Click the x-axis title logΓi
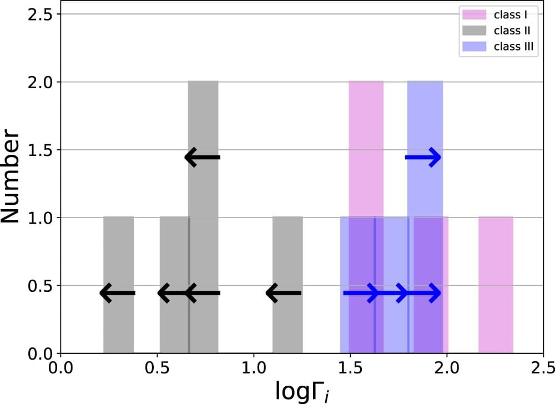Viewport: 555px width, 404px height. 302,390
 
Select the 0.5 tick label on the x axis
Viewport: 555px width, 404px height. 157,367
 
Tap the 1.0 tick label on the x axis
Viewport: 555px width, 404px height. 254,367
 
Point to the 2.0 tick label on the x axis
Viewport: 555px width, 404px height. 447,367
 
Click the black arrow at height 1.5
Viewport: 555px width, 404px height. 203,158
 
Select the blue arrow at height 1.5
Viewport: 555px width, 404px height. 423,158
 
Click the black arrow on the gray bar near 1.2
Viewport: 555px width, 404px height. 284,293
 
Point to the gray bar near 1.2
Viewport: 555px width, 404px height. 287,327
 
